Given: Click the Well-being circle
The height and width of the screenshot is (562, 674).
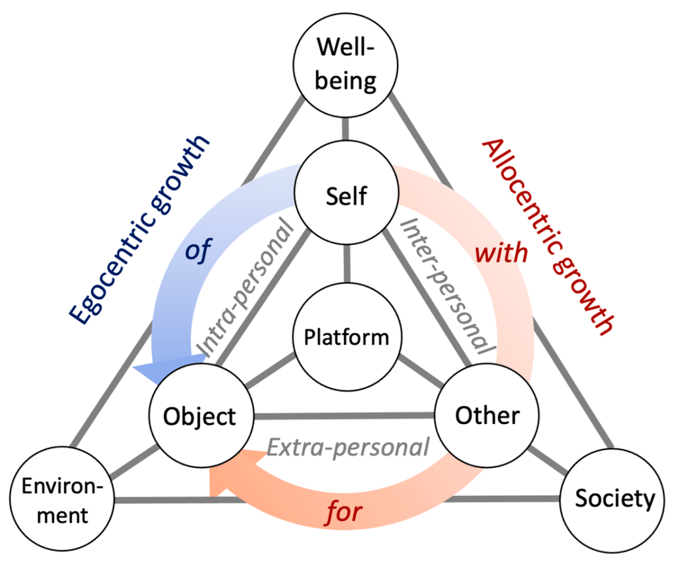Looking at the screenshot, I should point(348,64).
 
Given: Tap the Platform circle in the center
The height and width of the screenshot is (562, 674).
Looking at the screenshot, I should point(347,337).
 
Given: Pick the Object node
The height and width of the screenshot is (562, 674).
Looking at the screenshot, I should point(199,415).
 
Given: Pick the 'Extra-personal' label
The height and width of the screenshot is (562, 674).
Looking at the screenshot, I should point(348,447).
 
